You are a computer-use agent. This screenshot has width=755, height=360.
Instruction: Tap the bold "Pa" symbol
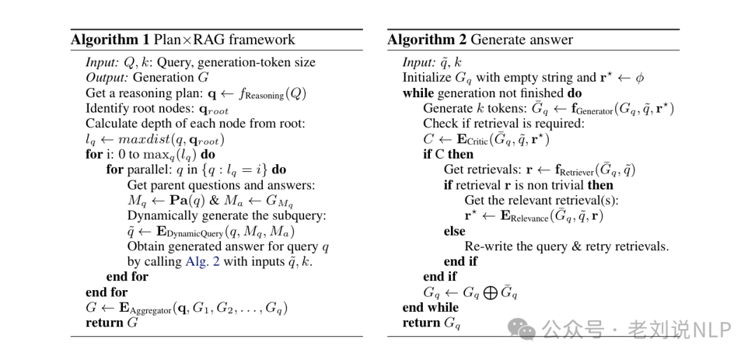tap(180, 201)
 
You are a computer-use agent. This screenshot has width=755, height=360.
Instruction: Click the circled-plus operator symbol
tap(489, 292)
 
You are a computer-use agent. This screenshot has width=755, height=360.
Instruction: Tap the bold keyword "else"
tap(454, 231)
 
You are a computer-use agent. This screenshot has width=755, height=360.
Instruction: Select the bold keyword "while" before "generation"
tap(418, 93)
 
